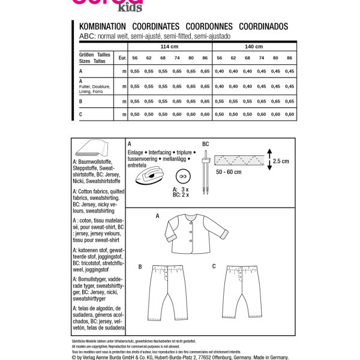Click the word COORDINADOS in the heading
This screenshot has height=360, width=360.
pyautogui.click(x=263, y=27)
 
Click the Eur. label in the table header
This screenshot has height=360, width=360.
pyautogui.click(x=122, y=58)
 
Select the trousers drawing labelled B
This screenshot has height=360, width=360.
pyautogui.click(x=174, y=291)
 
